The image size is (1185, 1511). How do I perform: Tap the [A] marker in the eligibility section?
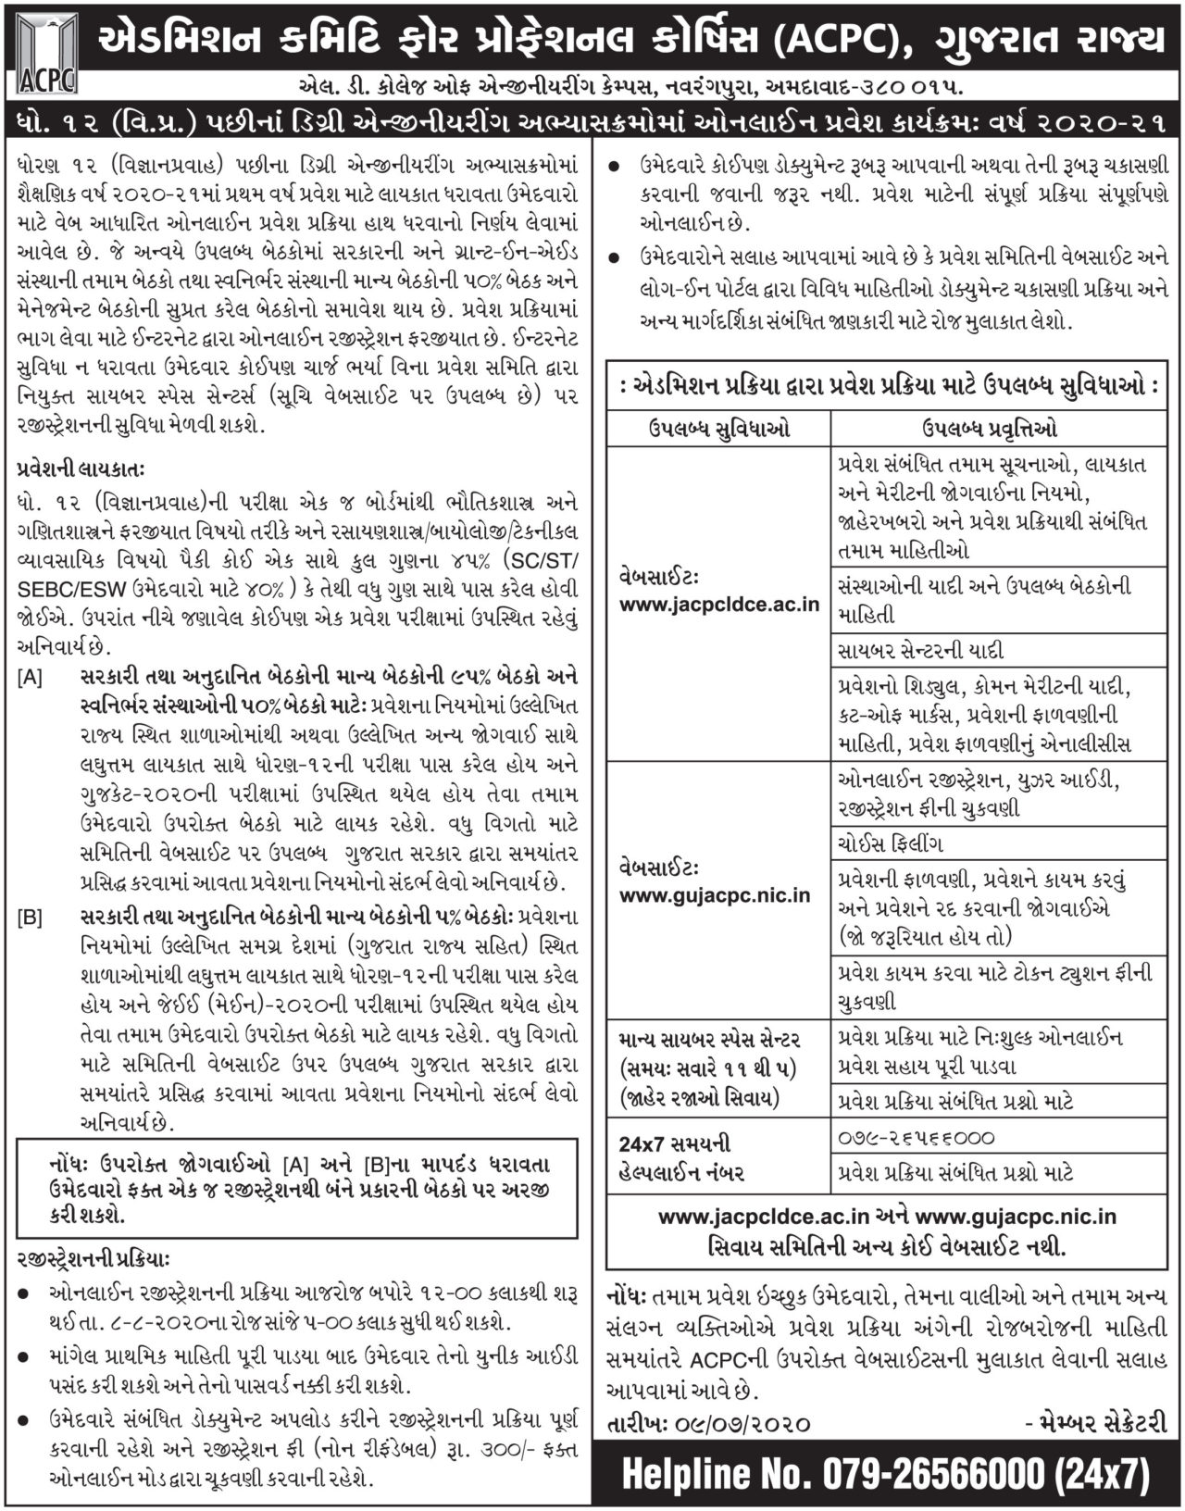30,678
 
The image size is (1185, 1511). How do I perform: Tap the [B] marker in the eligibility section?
30,918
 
